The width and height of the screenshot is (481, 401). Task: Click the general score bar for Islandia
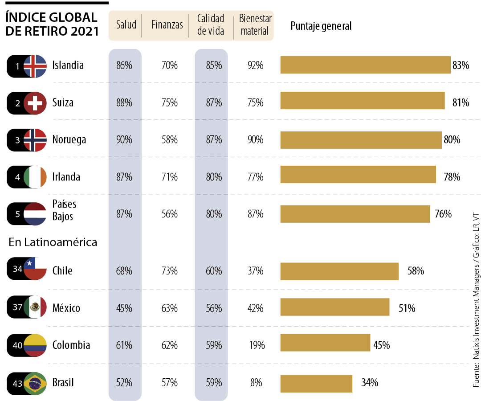tap(365, 65)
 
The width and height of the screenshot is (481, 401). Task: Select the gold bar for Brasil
tap(316, 383)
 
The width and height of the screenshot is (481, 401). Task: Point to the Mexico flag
tap(35, 307)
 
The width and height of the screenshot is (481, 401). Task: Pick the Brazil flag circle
tap(35, 383)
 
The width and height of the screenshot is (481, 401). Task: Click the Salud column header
tap(126, 25)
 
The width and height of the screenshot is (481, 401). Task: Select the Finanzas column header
tap(167, 25)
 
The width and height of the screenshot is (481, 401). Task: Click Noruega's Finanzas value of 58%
tap(170, 140)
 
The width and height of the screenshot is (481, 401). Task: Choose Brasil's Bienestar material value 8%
tap(256, 383)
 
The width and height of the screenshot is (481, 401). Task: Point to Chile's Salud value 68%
tap(124, 271)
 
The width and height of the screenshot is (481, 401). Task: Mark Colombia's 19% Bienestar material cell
tap(257, 345)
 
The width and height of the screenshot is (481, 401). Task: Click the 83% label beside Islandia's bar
tap(461, 65)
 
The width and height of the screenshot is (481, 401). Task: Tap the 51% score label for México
tap(407, 308)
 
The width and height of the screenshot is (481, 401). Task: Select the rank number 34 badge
tap(17, 270)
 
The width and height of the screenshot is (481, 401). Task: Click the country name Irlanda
tap(66, 177)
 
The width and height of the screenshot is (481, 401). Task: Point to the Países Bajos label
tap(65, 210)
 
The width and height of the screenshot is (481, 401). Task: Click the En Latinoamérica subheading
tap(53, 242)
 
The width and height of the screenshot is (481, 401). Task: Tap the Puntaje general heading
tap(321, 26)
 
